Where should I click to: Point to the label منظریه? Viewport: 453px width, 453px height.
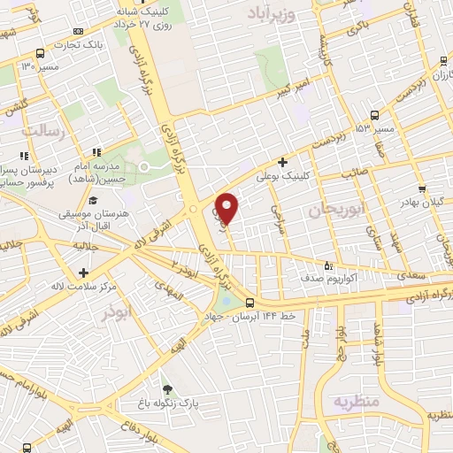[356, 403]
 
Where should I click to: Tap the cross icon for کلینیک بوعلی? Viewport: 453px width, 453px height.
[282, 162]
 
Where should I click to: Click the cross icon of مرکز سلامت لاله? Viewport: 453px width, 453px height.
[84, 273]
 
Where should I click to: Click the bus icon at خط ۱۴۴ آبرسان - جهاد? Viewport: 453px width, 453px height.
[250, 303]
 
